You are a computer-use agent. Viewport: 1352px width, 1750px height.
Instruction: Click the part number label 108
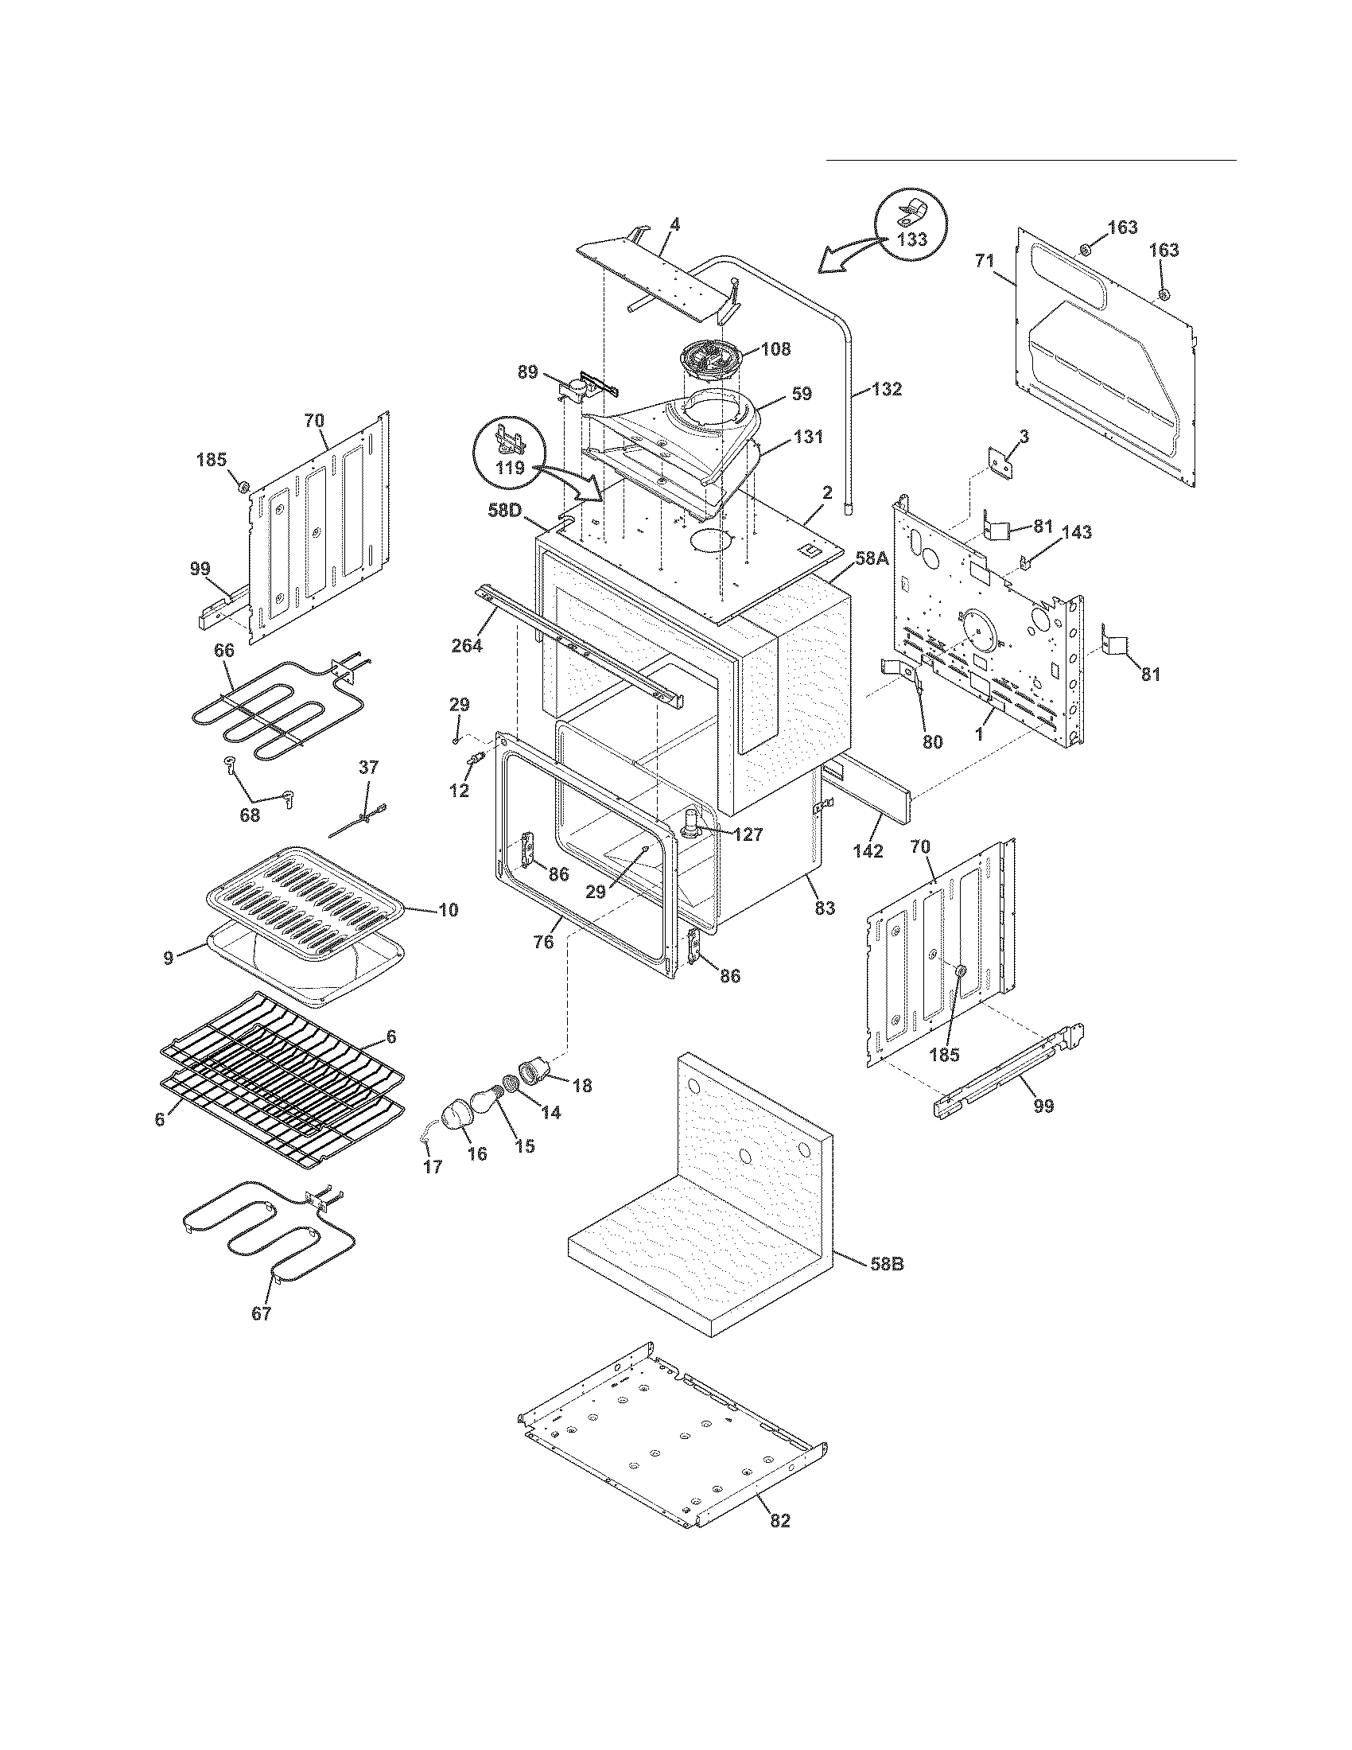775,348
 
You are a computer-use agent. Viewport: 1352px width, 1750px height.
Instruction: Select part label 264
467,644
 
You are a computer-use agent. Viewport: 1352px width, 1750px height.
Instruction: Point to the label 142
868,850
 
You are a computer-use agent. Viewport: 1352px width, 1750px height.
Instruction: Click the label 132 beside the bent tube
887,390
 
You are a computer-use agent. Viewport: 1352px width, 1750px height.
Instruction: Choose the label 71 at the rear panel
985,259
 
